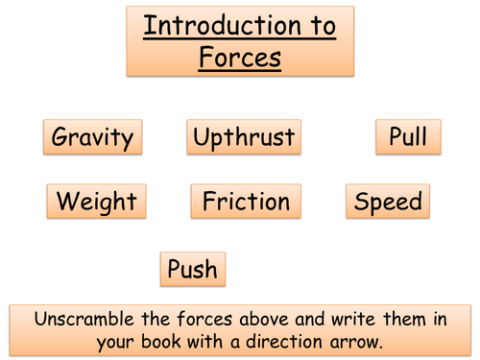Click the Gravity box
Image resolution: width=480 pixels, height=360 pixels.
click(92, 136)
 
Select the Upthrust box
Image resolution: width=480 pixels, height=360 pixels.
click(243, 136)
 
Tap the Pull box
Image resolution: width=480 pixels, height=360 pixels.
click(408, 136)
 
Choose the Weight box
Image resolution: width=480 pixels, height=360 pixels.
click(96, 202)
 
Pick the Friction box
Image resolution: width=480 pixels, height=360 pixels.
click(246, 202)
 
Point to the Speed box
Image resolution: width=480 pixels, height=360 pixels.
click(388, 202)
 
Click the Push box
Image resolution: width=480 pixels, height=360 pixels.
click(193, 269)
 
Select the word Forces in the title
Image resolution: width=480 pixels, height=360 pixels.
click(240, 58)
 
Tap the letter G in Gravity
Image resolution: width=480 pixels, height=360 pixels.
click(60, 136)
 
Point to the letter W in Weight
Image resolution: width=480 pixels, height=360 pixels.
click(66, 202)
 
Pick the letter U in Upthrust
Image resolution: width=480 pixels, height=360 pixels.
click(202, 136)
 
